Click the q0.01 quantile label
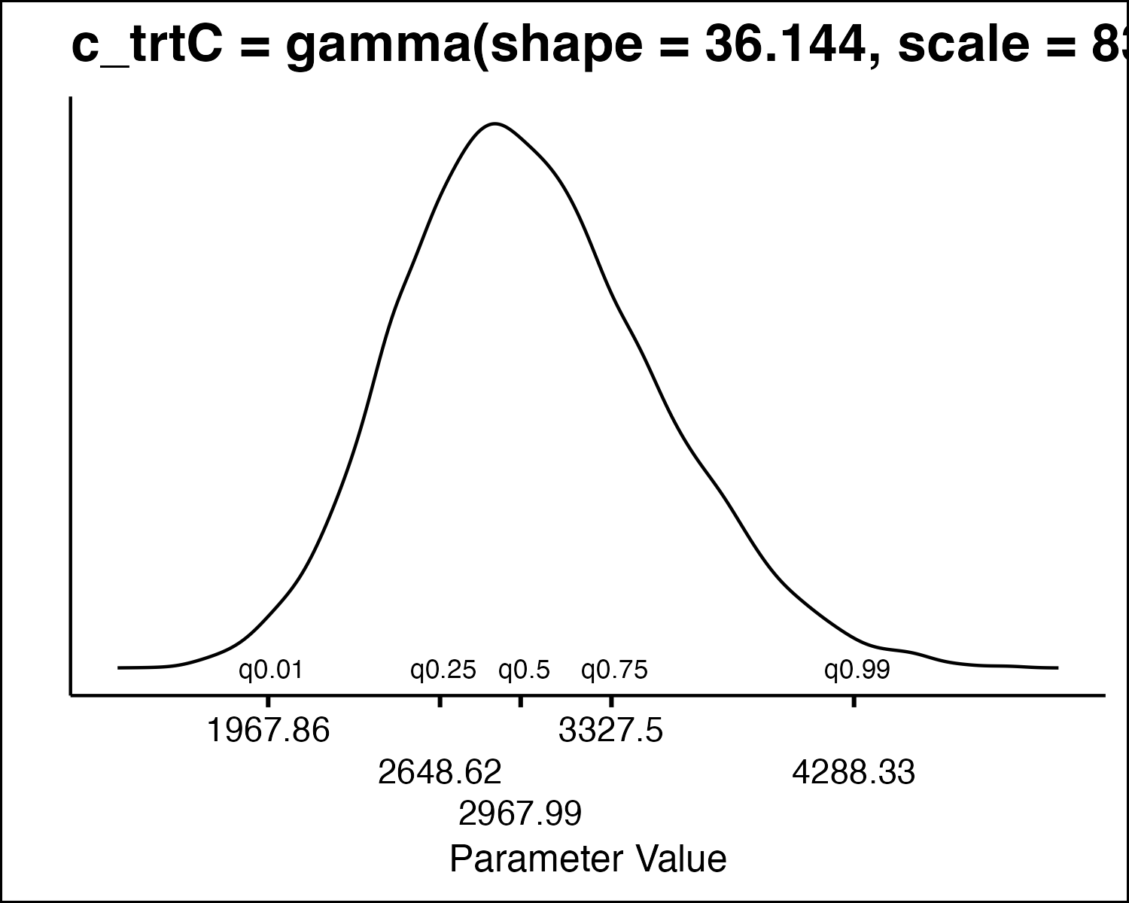pyautogui.click(x=270, y=670)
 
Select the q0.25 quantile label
pyautogui.click(x=443, y=670)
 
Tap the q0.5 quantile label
pyautogui.click(x=525, y=670)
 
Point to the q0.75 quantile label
pyautogui.click(x=614, y=670)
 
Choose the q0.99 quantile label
pyautogui.click(x=857, y=670)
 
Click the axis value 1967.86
pyautogui.click(x=268, y=730)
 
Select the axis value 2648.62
pyautogui.click(x=440, y=772)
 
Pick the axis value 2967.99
pyautogui.click(x=520, y=813)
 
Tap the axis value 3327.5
pyautogui.click(x=611, y=730)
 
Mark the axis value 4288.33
pyautogui.click(x=854, y=772)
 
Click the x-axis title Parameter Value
pyautogui.click(x=588, y=859)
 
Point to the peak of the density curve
pyautogui.click(x=495, y=123)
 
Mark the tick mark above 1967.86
pyautogui.click(x=268, y=701)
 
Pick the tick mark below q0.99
pyautogui.click(x=854, y=701)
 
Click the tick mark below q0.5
pyautogui.click(x=520, y=701)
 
